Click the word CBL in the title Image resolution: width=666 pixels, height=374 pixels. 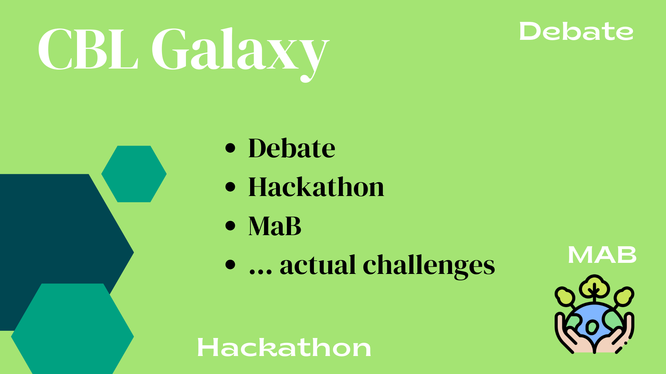click(x=88, y=49)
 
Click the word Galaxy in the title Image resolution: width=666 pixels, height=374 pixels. click(x=240, y=54)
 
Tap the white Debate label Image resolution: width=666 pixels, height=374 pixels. click(x=576, y=31)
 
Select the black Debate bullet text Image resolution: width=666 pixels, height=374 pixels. click(x=292, y=148)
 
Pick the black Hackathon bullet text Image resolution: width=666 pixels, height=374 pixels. click(x=316, y=187)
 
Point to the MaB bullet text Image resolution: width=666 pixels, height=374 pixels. click(x=275, y=226)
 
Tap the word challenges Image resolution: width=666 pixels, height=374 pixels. click(x=429, y=266)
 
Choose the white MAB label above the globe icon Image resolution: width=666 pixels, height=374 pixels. click(x=602, y=255)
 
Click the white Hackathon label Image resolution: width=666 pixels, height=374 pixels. click(x=284, y=347)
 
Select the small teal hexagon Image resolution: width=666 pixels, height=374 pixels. click(x=134, y=174)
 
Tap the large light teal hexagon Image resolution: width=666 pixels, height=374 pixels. click(x=72, y=329)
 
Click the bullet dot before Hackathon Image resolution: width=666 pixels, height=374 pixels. click(x=230, y=187)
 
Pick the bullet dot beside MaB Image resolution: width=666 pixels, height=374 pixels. click(x=230, y=226)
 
